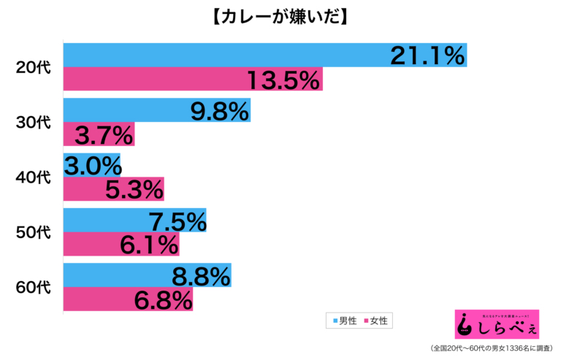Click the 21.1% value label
point(427,55)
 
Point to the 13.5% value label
point(283,80)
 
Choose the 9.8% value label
point(219,111)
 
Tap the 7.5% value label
point(175,221)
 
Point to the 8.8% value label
point(200,275)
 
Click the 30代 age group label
point(34,123)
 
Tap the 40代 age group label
point(34,177)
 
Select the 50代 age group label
point(34,232)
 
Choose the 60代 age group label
point(34,287)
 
